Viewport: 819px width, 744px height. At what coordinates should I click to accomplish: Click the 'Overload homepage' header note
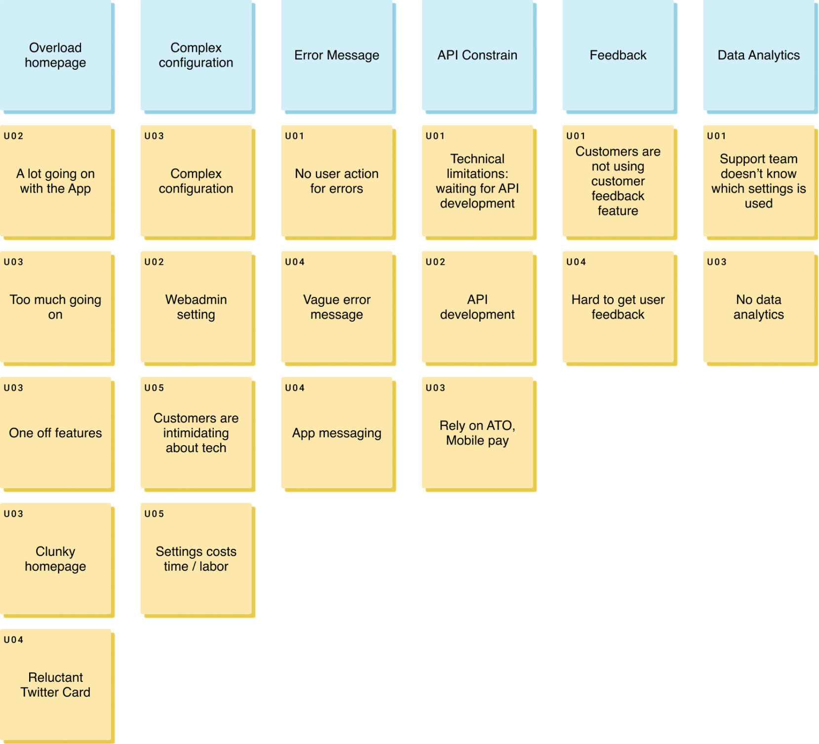55,55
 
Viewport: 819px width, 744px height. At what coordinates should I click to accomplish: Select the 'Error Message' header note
337,55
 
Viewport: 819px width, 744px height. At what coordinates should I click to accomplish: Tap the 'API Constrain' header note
477,55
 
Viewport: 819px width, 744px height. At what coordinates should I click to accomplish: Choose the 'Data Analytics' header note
759,55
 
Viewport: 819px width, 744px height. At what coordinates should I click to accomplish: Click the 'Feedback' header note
618,55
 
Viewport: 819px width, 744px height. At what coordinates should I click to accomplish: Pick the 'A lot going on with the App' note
55,181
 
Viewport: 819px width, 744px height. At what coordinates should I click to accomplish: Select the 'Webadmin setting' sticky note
196,307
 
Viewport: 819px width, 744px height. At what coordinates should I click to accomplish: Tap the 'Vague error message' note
337,307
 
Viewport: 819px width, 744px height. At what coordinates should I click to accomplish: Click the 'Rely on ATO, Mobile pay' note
477,433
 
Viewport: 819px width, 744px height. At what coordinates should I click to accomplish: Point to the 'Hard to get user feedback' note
618,307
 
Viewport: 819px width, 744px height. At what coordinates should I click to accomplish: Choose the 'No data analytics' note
759,307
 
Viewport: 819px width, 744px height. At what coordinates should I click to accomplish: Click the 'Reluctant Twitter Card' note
55,685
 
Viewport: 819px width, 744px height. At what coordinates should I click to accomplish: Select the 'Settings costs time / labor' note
196,559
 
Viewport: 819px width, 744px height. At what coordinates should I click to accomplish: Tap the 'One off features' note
55,433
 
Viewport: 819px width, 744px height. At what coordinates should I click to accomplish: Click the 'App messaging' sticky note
337,433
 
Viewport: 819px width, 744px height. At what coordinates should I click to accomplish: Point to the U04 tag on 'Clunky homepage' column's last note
13,640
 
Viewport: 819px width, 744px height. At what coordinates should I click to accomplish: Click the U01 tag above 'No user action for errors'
295,136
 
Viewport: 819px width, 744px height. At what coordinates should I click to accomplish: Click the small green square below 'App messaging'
403,499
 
